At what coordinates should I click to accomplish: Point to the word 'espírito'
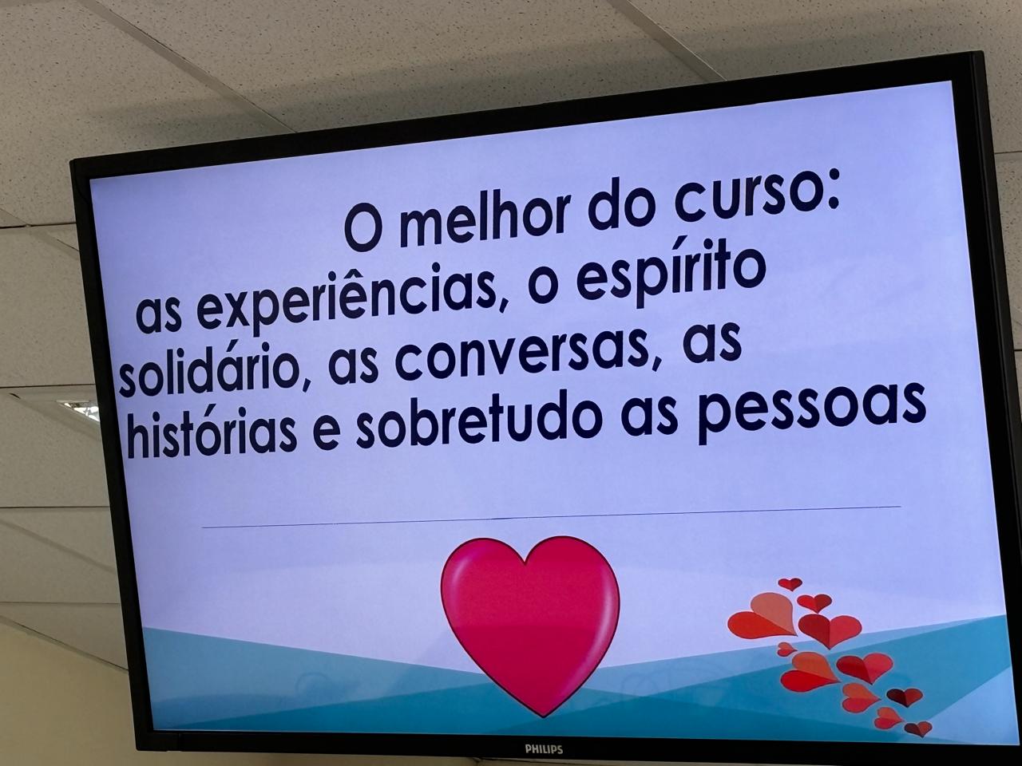point(671,274)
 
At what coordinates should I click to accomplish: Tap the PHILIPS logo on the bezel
point(544,749)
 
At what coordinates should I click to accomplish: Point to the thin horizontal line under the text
point(551,517)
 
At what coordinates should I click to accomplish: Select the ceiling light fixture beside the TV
point(79,410)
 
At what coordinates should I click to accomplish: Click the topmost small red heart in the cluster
point(790,584)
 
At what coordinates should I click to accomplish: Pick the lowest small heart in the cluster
point(917,728)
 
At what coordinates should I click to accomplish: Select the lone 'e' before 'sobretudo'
point(326,434)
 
